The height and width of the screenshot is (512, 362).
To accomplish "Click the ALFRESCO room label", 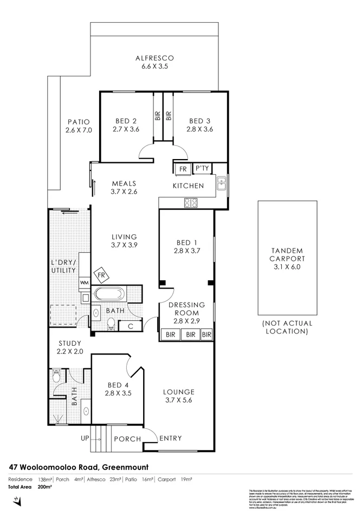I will coord(154,58).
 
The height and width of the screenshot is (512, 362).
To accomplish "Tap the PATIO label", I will coord(79,122).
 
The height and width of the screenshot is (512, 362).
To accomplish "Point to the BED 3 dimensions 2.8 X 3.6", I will coord(199,129).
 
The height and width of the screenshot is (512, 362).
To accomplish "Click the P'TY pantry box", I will coord(202,169).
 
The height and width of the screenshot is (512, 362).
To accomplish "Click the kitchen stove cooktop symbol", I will coord(191,203).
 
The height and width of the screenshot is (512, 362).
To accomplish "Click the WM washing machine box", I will coord(85,283).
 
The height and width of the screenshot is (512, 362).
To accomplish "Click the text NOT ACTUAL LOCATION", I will coord(287,327).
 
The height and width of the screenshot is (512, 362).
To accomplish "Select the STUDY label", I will coord(69,343).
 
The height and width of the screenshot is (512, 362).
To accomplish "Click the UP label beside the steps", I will coord(85,438).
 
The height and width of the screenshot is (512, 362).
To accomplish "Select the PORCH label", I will coord(127,438).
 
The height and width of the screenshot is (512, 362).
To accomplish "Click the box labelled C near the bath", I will coord(131,325).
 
